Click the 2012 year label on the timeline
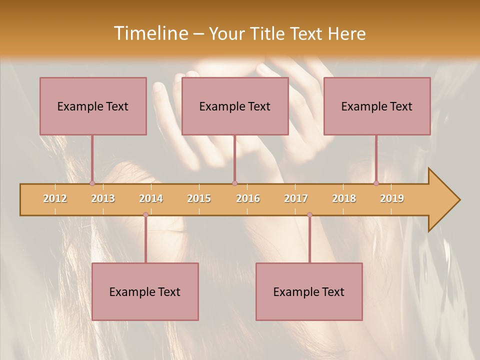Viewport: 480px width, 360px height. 55,198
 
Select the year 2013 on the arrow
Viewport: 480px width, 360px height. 103,198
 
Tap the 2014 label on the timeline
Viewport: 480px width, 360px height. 151,198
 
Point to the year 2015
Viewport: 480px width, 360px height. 199,198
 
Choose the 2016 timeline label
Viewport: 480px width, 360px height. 248,198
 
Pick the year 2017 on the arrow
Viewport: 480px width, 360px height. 296,198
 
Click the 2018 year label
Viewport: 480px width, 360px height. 344,198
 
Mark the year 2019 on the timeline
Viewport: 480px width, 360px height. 392,198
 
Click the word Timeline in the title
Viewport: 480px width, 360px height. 150,33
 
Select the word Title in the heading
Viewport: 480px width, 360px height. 267,33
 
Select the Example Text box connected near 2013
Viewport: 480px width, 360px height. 93,106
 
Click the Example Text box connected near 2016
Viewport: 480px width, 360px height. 235,106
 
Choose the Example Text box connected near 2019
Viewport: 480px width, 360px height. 377,106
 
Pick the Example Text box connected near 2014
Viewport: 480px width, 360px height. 145,291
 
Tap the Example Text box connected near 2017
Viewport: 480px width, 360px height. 309,291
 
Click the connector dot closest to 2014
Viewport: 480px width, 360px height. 145,214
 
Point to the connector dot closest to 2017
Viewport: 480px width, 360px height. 309,214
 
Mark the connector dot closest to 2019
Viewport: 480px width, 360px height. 376,183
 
